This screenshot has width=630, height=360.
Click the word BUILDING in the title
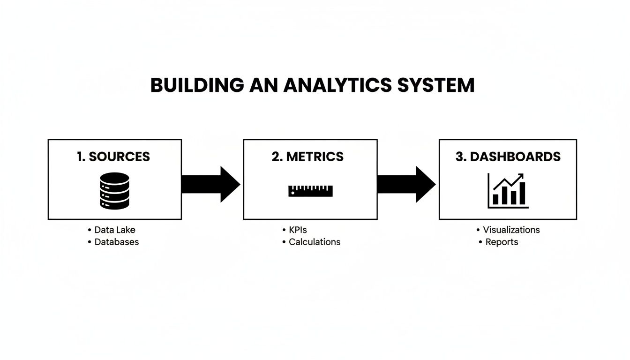click(197, 85)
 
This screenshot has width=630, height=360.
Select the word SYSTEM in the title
click(435, 85)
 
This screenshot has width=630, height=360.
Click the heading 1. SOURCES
click(113, 157)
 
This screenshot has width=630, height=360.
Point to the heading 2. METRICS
click(307, 157)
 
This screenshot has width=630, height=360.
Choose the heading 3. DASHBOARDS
click(508, 157)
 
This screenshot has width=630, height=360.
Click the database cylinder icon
click(114, 190)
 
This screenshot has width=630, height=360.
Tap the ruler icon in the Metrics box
click(310, 190)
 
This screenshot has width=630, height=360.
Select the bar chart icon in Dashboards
click(508, 190)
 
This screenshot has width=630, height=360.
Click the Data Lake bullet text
click(115, 230)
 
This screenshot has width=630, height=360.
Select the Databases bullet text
click(117, 242)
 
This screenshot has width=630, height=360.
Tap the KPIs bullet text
click(298, 230)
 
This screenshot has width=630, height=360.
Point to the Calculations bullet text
click(315, 242)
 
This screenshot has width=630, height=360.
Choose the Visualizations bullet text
click(511, 230)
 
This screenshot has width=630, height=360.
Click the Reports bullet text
click(502, 242)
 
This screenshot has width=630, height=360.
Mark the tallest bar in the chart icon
click(522, 193)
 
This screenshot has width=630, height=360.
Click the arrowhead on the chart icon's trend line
click(521, 177)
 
